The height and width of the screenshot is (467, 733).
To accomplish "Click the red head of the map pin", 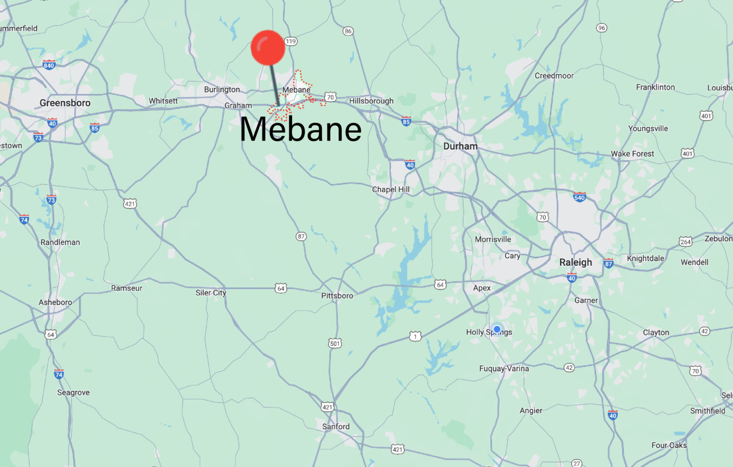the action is point(268,48).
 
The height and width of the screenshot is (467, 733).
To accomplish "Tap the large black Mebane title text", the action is point(301,129).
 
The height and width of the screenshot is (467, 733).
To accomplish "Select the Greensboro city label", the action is point(65,103).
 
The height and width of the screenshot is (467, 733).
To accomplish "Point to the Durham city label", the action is point(460,146).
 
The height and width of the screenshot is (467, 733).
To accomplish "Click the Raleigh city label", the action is point(576,262).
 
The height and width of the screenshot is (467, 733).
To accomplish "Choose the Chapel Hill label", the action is point(391,189).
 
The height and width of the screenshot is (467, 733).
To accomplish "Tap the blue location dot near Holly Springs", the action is point(497,329).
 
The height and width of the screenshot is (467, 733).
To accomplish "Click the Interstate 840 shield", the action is point(49,65).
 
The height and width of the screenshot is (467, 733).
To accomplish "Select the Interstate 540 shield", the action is point(579,197).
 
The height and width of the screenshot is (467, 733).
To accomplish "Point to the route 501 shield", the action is point(335,343).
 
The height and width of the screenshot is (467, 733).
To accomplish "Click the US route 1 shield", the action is point(415,336).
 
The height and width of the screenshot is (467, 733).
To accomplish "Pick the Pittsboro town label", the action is point(337,296).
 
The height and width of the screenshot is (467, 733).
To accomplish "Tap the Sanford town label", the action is point(336,426).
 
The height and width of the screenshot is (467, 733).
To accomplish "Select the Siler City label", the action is point(210,293).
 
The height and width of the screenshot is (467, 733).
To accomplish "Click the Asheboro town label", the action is point(55,302).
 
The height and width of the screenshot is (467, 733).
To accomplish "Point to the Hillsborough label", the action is point(371,101).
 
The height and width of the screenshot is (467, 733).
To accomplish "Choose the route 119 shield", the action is point(291,41).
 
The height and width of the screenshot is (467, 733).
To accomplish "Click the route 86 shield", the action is point(348,31).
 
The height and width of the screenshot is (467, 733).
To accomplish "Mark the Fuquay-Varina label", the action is point(504,369).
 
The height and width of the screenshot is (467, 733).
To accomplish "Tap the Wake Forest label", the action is point(632,154).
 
